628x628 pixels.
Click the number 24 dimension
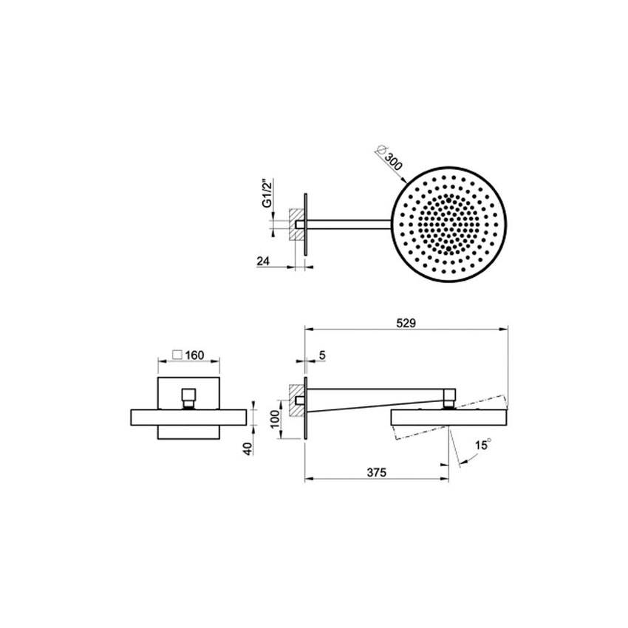[x=264, y=261]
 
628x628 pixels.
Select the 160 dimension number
[x=194, y=355]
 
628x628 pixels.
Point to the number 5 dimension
[x=323, y=355]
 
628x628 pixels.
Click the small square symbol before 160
[x=177, y=355]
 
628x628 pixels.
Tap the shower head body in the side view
[x=447, y=417]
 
